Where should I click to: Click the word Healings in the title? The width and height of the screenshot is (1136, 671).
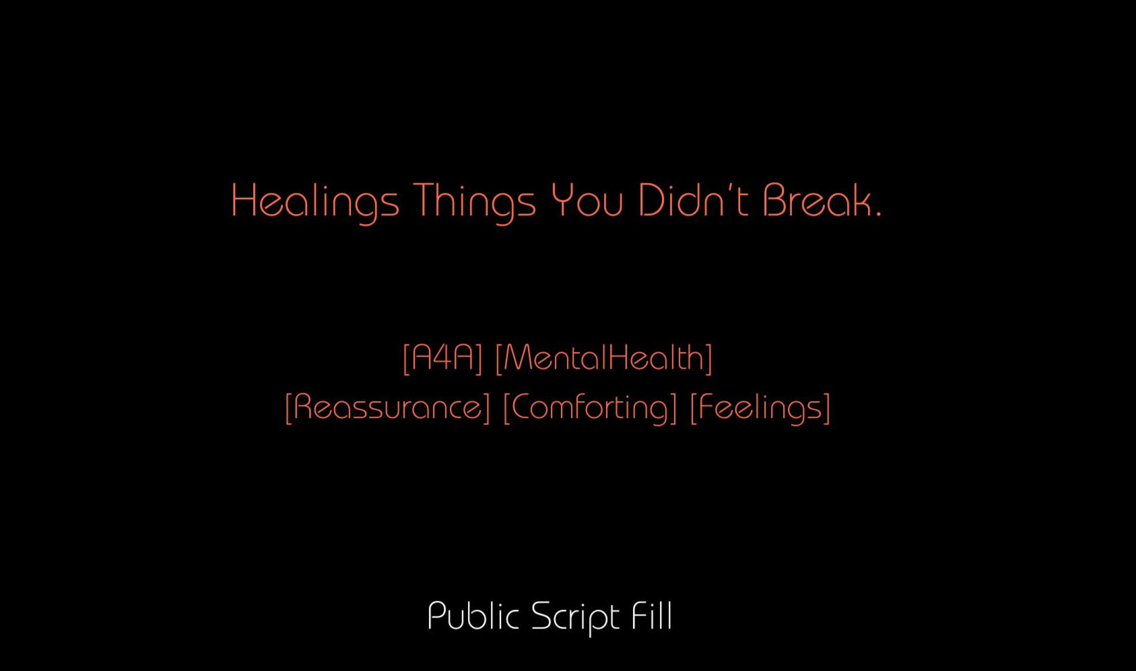click(x=315, y=203)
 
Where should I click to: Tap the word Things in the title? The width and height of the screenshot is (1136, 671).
click(x=475, y=203)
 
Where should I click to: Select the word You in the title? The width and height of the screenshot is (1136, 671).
click(x=587, y=201)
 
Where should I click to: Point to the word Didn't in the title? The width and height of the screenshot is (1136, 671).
click(x=693, y=200)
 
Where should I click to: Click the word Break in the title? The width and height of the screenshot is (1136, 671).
click(x=817, y=200)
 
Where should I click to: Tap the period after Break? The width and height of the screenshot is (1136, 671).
click(x=878, y=215)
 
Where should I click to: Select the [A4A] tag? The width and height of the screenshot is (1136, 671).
click(x=442, y=358)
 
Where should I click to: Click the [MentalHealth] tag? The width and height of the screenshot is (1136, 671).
click(x=603, y=358)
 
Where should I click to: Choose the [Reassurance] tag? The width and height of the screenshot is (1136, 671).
click(x=387, y=407)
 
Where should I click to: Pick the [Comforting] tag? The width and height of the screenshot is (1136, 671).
click(x=590, y=408)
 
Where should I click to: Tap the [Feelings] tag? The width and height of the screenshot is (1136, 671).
click(x=760, y=408)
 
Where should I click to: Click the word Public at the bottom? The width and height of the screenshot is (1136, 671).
click(x=473, y=616)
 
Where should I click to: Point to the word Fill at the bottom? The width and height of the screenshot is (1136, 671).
click(x=652, y=616)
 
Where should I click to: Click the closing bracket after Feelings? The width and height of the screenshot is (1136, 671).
click(x=827, y=408)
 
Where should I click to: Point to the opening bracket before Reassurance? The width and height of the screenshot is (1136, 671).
click(x=289, y=408)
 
